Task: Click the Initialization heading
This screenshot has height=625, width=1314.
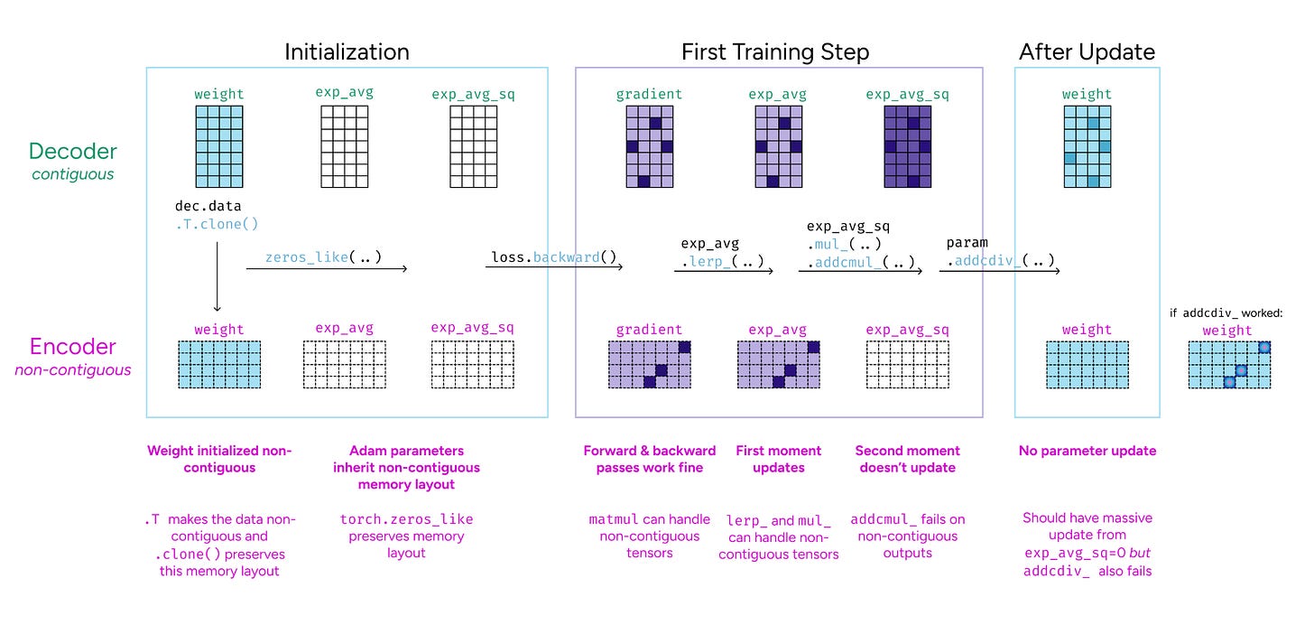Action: (x=347, y=52)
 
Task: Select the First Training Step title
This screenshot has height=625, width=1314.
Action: (x=775, y=52)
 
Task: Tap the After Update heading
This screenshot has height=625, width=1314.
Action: (x=1087, y=52)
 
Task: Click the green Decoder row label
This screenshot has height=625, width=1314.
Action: (x=73, y=151)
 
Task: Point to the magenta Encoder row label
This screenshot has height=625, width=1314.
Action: (x=73, y=347)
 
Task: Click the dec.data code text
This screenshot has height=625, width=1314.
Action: (x=208, y=207)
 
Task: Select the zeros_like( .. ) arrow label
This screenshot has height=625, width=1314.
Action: (x=323, y=257)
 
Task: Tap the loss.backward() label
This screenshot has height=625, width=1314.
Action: (x=553, y=257)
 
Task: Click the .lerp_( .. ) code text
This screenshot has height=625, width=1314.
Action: (x=722, y=262)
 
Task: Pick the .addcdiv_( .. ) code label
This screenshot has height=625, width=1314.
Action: (x=1000, y=262)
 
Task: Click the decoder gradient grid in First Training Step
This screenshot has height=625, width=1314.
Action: (x=649, y=146)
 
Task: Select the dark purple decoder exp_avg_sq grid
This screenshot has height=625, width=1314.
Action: (x=907, y=146)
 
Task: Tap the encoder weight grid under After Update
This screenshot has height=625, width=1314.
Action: (x=1087, y=364)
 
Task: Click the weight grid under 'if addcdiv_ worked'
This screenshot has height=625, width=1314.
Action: (x=1228, y=364)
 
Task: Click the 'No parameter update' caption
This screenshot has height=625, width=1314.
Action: (x=1087, y=451)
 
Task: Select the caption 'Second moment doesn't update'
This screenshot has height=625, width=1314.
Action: (x=907, y=459)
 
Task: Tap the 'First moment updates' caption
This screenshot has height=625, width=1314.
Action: (x=778, y=459)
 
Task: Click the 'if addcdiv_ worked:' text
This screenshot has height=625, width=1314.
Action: (x=1227, y=313)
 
